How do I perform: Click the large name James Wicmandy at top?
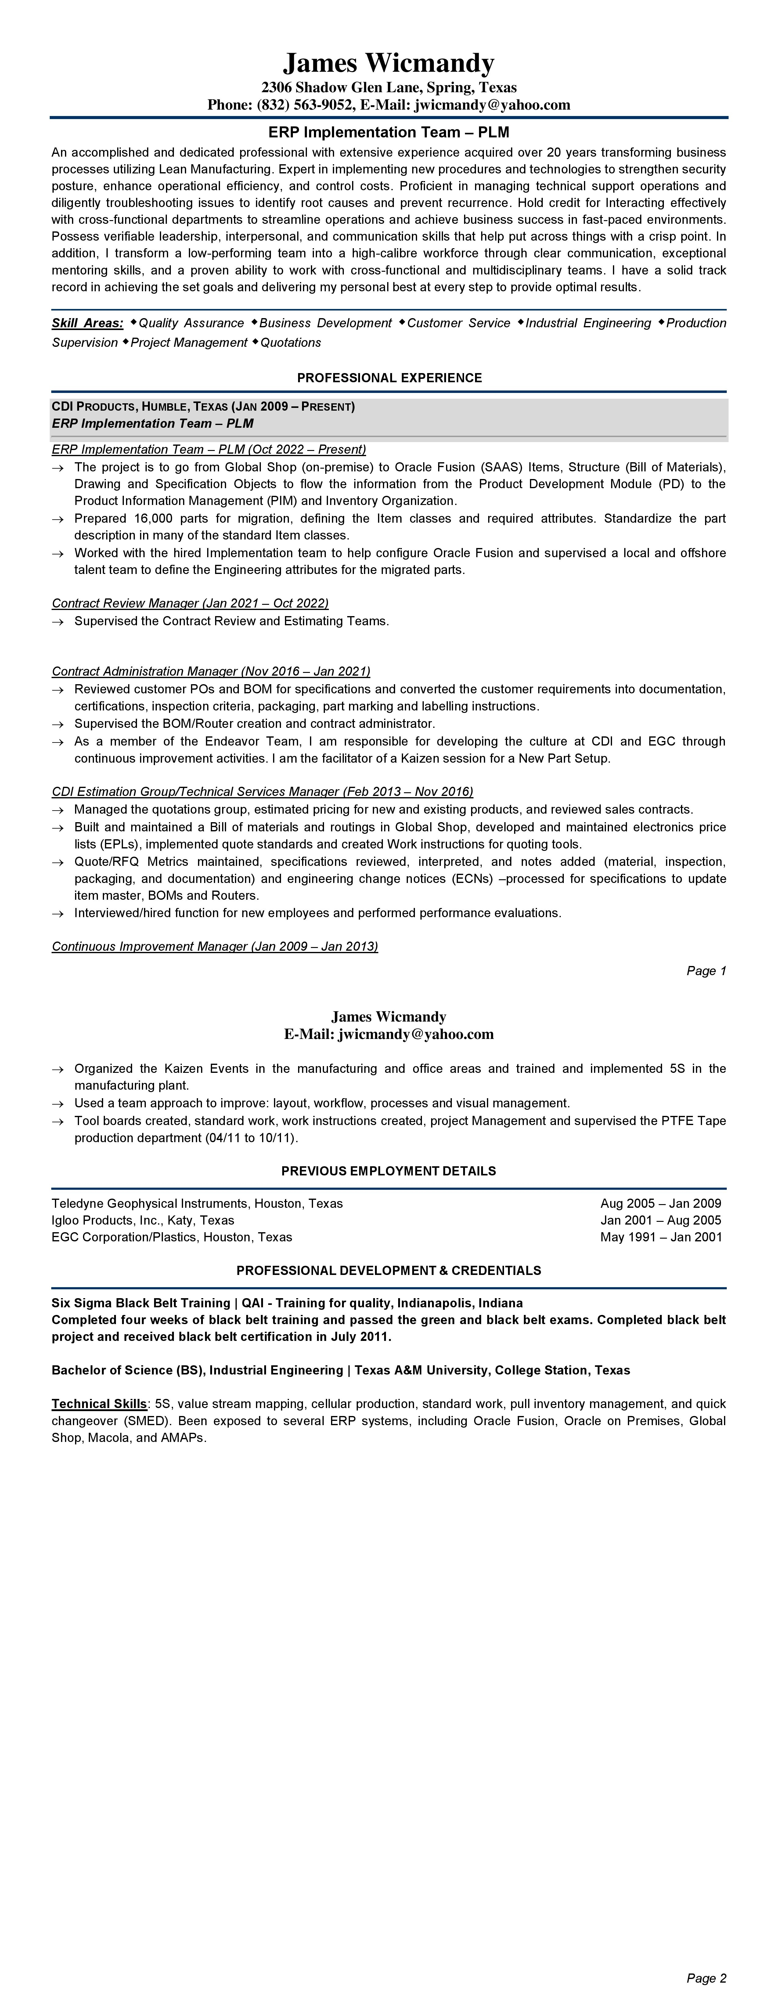click(389, 63)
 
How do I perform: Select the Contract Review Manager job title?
click(190, 603)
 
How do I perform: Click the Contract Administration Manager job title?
click(211, 671)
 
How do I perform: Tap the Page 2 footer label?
click(706, 1978)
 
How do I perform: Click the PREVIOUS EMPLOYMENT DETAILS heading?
click(389, 1171)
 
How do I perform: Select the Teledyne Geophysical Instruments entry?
click(197, 1203)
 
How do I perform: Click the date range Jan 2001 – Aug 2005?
click(661, 1220)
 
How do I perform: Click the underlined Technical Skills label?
click(99, 1404)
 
